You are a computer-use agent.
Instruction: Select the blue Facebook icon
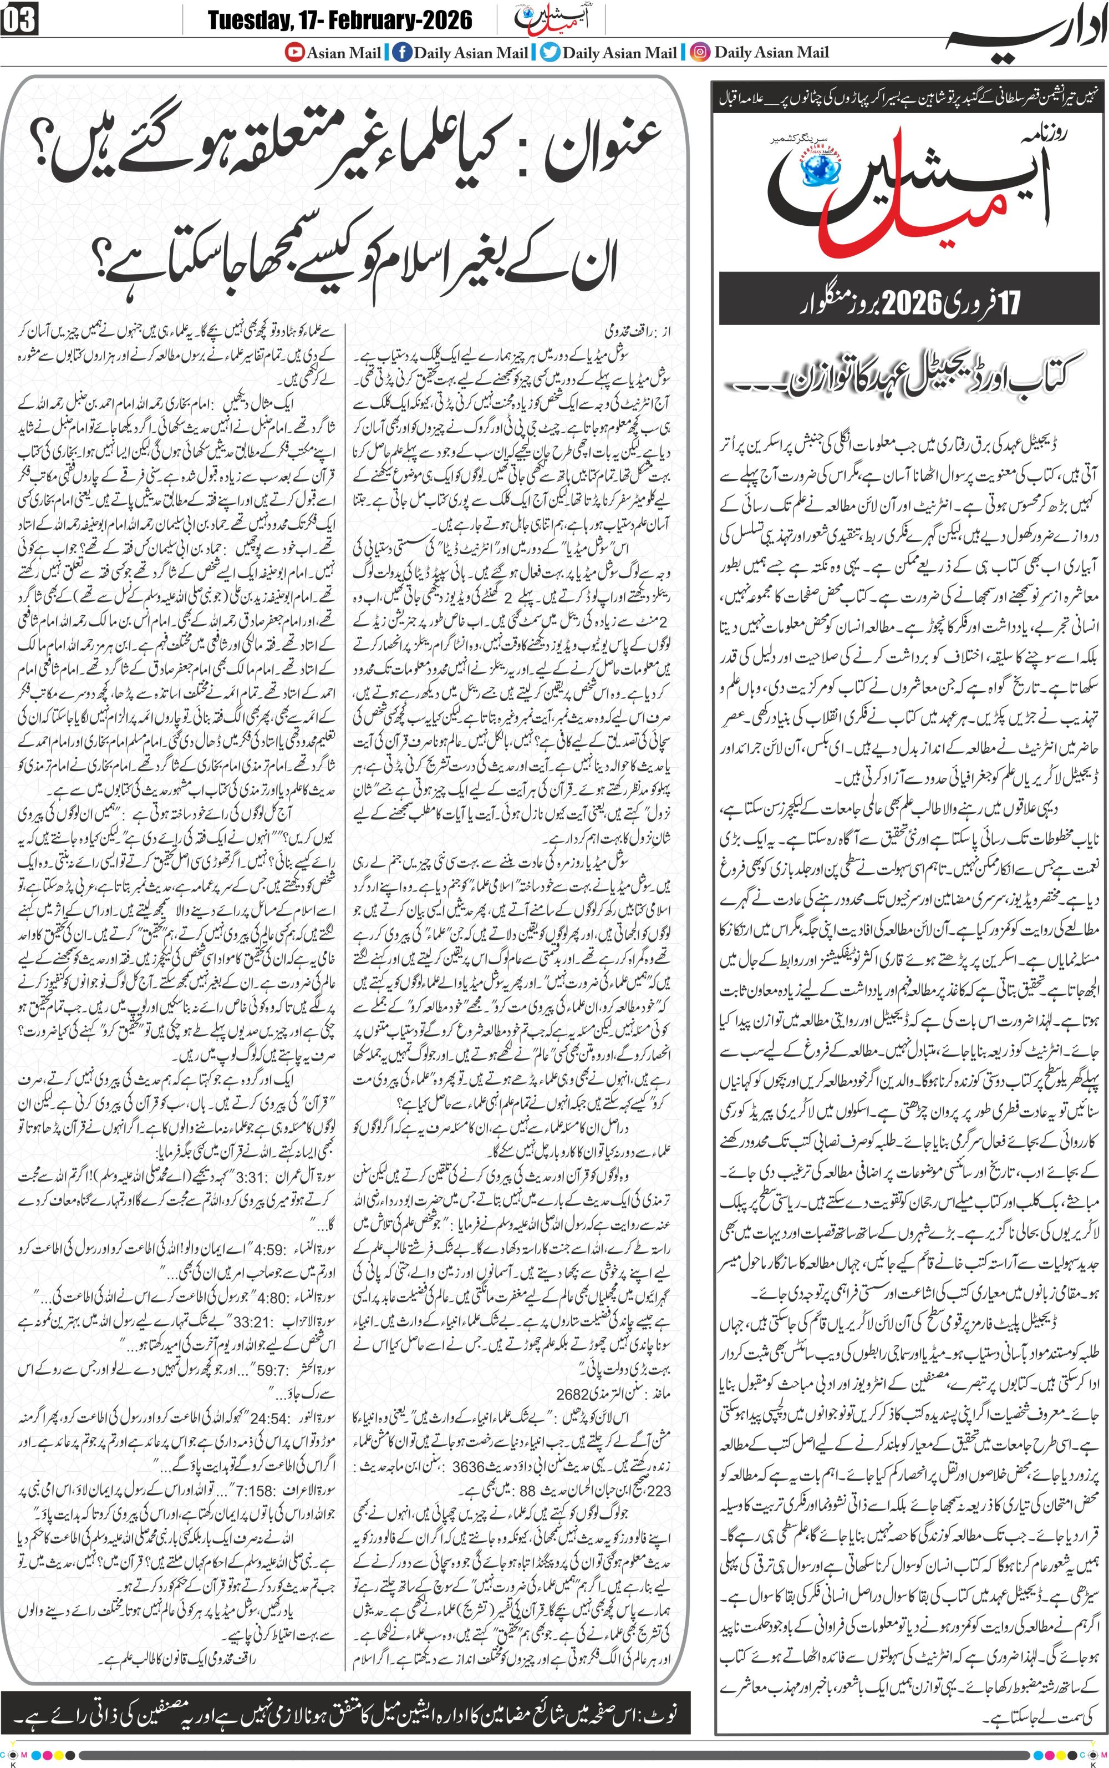click(x=401, y=52)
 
